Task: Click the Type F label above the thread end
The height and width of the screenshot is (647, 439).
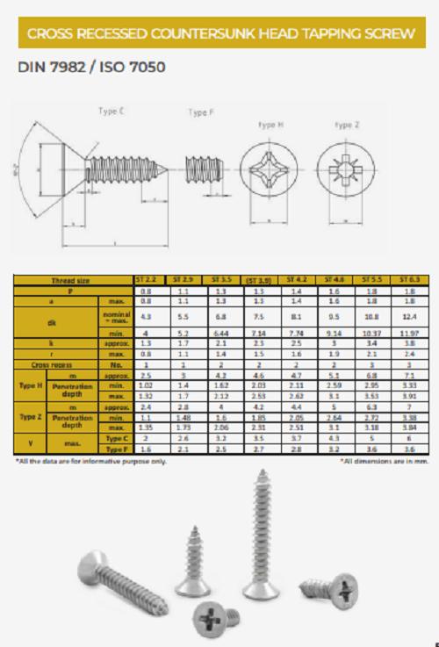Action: click(x=199, y=112)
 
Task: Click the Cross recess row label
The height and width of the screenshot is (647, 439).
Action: click(x=51, y=363)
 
